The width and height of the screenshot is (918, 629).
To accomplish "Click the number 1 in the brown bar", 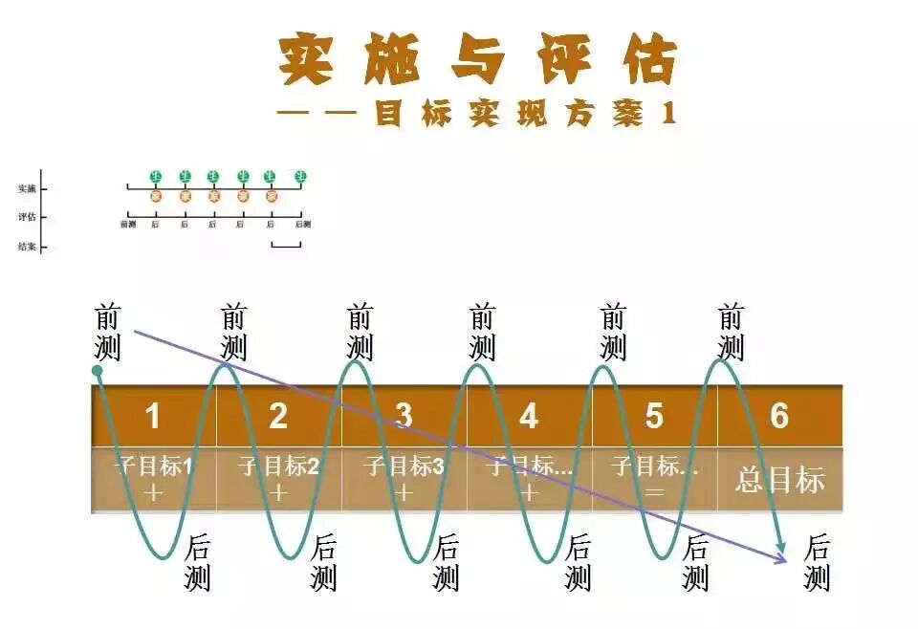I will pos(153,417).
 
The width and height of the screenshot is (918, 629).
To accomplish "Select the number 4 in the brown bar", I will pos(529,417).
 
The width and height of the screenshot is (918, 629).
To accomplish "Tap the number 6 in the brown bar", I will pos(779,417).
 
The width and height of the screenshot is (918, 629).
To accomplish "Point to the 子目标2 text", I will pos(278,467).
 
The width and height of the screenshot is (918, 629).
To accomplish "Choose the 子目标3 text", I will pos(404,467).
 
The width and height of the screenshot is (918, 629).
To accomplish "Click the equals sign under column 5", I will pos(654,493).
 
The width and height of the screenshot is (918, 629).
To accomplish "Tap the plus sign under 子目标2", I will pos(278,493).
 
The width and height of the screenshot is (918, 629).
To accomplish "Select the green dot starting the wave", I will pos(97,370).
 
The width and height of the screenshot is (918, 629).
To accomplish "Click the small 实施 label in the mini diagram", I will pos(27,189).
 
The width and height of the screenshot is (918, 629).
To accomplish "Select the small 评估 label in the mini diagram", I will pos(27,217).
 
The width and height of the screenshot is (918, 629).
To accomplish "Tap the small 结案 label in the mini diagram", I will pos(27,247).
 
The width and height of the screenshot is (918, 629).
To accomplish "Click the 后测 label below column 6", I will pos(817,563).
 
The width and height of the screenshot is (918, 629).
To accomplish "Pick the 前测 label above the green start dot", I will pos(108,332).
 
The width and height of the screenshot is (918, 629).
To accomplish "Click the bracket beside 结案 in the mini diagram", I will pos(286,246).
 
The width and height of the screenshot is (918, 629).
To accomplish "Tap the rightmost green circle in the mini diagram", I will pos(301,176).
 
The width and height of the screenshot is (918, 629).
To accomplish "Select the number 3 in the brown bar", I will pos(404,417).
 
